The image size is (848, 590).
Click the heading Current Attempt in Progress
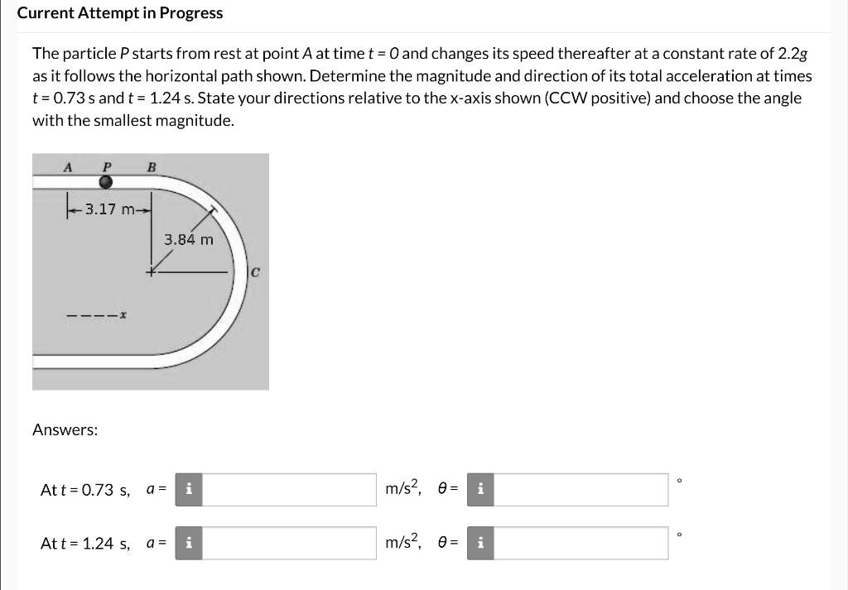pos(120,13)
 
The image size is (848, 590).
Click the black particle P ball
pos(105,182)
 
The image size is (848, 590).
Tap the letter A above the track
pos(68,166)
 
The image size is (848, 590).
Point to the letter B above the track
pos(151,166)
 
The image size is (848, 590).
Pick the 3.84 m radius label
pos(188,240)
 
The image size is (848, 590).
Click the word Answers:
pos(65,429)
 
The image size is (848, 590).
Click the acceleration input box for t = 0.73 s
pos(289,489)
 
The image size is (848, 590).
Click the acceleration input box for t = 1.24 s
pos(289,544)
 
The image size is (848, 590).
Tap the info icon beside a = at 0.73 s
pos(189,489)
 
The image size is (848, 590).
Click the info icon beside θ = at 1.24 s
pos(481,544)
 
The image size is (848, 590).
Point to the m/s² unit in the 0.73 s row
pos(404,489)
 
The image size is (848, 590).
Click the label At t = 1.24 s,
pos(85,544)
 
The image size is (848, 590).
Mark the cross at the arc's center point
pos(152,271)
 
